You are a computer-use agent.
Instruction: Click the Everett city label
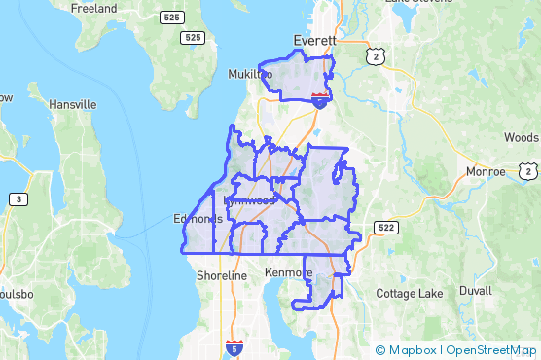(x=314, y=42)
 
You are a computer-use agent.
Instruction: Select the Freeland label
(x=93, y=8)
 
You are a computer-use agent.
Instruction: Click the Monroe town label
(x=486, y=171)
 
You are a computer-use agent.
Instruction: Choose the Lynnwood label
(x=250, y=200)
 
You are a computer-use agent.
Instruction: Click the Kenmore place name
(x=289, y=273)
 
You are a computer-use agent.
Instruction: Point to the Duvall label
(x=476, y=291)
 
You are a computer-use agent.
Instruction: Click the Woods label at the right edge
(x=522, y=139)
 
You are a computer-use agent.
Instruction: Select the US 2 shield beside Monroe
(x=528, y=172)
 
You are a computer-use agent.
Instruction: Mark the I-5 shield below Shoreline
(x=234, y=345)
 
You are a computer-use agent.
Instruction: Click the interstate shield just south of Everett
(x=319, y=98)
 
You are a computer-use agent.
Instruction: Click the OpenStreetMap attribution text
(x=490, y=350)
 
